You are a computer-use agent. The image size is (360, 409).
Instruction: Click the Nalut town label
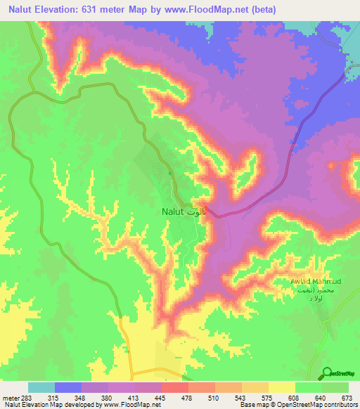(169, 211)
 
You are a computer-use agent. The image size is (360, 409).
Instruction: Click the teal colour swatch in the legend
(41, 387)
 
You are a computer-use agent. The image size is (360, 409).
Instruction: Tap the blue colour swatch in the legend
(67, 387)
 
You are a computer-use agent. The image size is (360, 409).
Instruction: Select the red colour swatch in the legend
(174, 387)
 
